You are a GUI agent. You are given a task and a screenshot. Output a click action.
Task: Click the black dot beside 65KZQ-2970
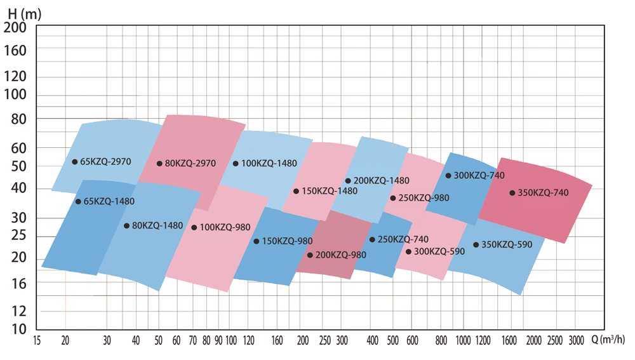[74, 162]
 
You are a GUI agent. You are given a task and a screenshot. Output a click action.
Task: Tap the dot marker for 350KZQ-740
[512, 192]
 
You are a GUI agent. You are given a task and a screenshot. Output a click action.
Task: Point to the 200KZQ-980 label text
[341, 255]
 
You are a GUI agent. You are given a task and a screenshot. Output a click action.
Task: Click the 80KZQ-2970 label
[190, 163]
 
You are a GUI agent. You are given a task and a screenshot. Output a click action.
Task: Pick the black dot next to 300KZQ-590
[408, 251]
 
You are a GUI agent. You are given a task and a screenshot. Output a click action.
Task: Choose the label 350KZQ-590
[507, 244]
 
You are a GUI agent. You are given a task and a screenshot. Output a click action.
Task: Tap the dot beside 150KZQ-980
[256, 241]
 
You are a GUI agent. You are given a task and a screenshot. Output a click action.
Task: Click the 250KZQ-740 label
[403, 239]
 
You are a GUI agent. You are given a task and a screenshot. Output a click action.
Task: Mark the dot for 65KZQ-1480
[78, 201]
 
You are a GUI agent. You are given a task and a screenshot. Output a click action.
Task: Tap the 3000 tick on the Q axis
[576, 340]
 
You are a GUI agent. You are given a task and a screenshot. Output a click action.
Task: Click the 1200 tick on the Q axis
[482, 340]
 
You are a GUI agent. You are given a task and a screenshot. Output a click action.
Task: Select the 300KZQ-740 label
[479, 175]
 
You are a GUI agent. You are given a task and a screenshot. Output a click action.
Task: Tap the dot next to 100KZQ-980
[194, 227]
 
